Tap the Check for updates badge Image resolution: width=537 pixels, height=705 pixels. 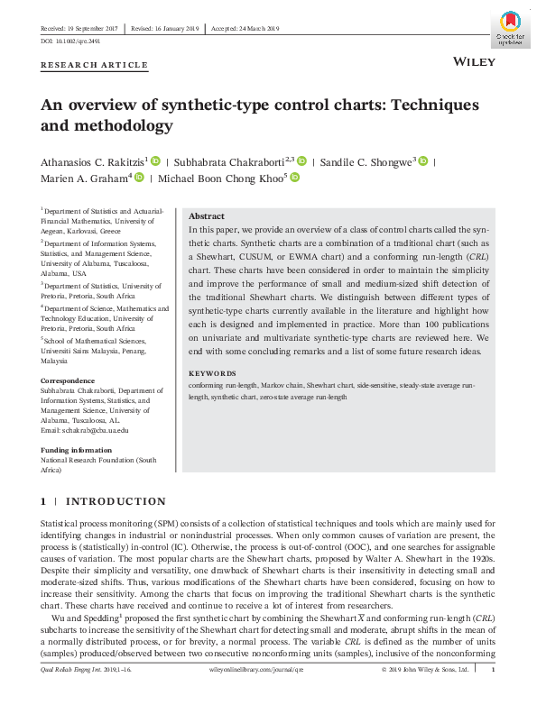[x=510, y=31]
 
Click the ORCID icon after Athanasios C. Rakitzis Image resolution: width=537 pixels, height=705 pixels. [x=155, y=160]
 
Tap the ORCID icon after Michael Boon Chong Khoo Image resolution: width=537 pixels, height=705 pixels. [x=294, y=178]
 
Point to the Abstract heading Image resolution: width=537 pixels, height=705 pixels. [x=207, y=216]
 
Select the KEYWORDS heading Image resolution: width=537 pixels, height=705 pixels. [x=213, y=372]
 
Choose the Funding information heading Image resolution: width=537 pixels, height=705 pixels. [x=77, y=449]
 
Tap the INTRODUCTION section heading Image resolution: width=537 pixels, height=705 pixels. [x=116, y=501]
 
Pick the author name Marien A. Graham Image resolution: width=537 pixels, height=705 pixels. [x=80, y=179]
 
